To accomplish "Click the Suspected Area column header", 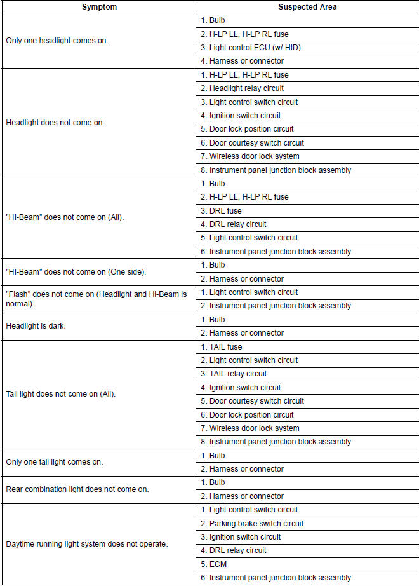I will [x=308, y=7].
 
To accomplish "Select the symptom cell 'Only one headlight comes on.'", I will [x=57, y=41].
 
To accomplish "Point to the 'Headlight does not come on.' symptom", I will [x=55, y=123].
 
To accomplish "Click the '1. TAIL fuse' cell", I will [x=222, y=347].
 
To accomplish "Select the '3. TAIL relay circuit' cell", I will [x=234, y=374].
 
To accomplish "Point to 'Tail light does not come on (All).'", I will [x=60, y=394].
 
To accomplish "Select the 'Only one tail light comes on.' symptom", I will [x=55, y=462].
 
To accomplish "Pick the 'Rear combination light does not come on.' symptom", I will [x=72, y=489].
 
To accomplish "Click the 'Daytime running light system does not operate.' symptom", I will [x=86, y=544].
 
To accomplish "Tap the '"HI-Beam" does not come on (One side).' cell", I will [x=76, y=272].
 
